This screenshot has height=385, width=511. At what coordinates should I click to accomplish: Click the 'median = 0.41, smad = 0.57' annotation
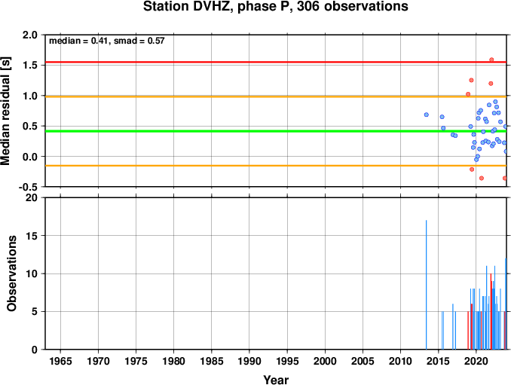coord(106,41)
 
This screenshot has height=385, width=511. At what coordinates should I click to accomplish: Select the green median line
coord(276,131)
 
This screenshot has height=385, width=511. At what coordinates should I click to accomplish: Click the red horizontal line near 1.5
coord(276,62)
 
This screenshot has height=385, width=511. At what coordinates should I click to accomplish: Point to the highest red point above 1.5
coord(491,60)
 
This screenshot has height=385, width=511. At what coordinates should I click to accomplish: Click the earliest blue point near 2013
coord(427,115)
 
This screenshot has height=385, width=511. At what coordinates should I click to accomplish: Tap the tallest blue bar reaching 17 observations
coord(427,285)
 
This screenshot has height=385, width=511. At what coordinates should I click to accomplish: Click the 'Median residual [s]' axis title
coord(5,111)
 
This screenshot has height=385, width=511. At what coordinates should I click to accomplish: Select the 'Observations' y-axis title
coord(11,273)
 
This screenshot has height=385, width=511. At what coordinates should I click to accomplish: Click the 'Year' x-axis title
coord(276,380)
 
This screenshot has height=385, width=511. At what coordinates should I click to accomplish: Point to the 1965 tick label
coord(60,361)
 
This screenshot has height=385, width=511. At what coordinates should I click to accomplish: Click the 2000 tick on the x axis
coord(325,361)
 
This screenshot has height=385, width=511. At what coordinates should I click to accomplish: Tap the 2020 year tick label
coord(476,361)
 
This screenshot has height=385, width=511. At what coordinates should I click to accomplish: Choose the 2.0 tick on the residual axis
coord(30,35)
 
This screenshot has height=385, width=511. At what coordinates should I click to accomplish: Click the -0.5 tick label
coord(28,187)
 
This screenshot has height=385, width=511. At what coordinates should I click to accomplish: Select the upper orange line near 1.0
coord(276,96)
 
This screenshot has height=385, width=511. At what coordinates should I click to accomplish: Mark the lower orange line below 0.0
coord(276,166)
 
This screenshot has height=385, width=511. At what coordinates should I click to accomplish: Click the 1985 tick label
coord(212,361)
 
